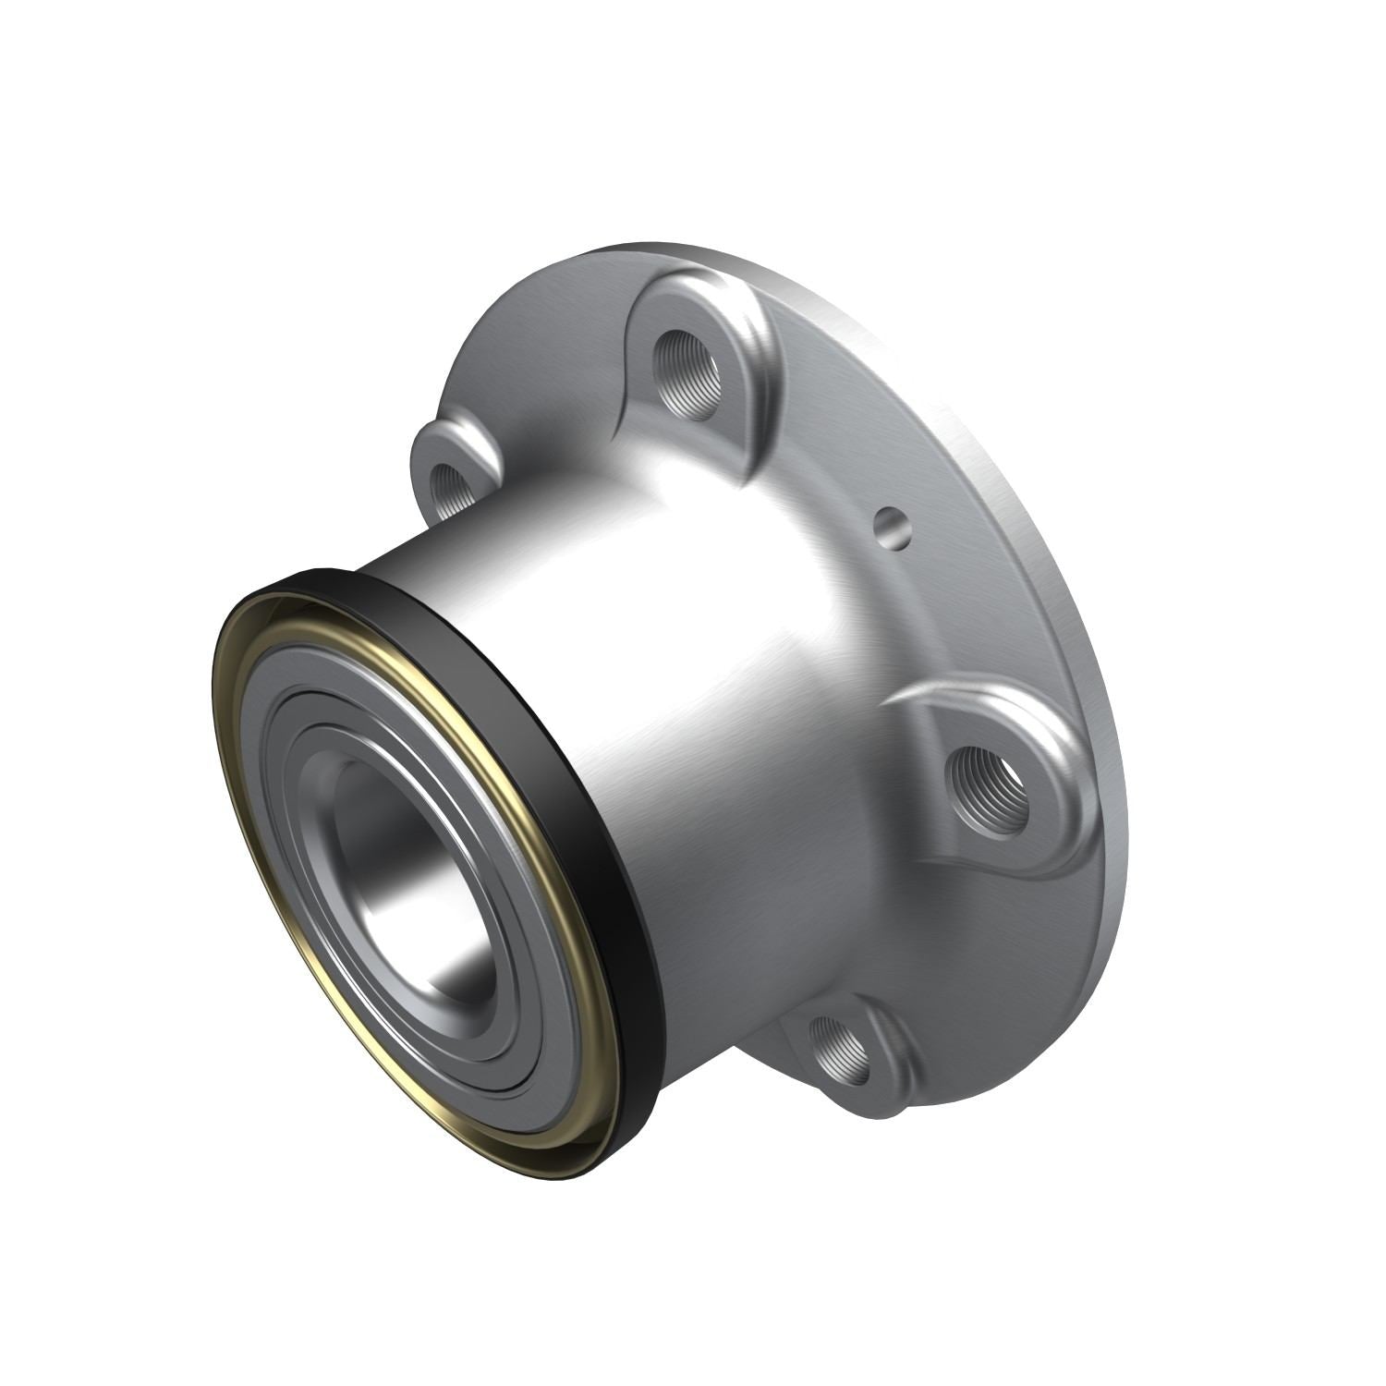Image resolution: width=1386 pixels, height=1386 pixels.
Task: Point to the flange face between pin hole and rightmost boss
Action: pyautogui.click(x=924, y=628)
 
